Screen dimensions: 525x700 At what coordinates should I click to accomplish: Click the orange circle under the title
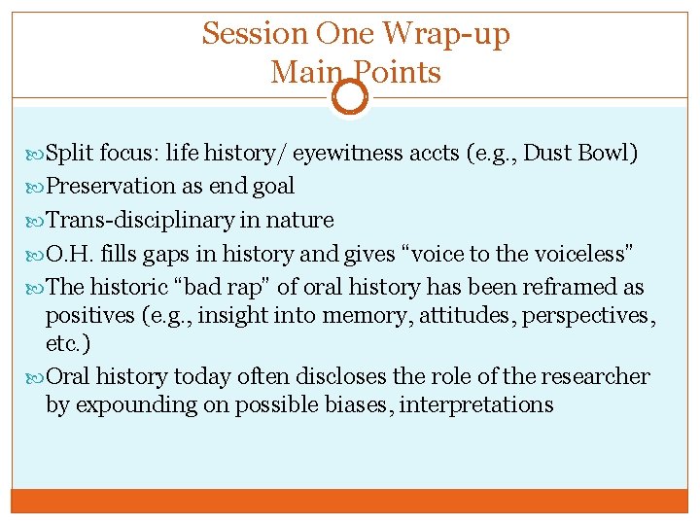click(350, 97)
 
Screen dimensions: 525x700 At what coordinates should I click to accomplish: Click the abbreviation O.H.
click(67, 254)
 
